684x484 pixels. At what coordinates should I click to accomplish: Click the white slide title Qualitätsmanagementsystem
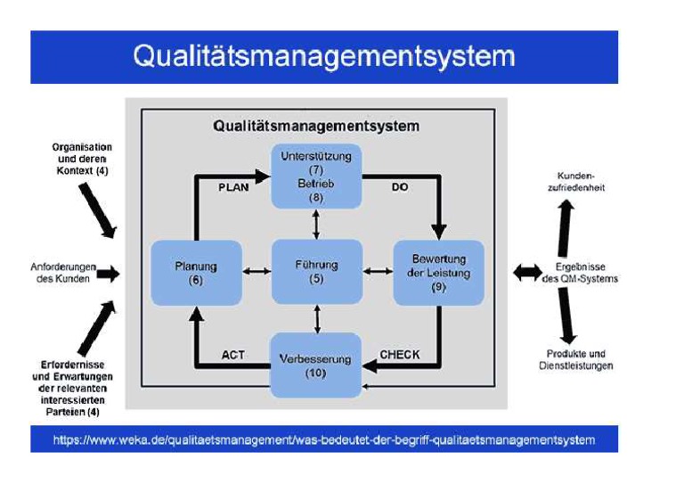point(324,56)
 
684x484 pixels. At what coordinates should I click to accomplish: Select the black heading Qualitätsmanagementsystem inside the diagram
point(315,126)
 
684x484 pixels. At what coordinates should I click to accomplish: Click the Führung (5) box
point(316,271)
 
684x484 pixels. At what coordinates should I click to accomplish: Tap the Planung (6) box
point(197,272)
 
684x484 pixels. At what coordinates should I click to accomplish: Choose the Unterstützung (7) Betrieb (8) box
point(316,176)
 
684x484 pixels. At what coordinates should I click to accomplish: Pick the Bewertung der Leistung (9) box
point(438,273)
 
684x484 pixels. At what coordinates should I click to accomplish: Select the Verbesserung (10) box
point(316,365)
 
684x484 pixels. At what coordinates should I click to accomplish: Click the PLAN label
point(233,188)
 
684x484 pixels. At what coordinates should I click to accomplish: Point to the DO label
point(400,188)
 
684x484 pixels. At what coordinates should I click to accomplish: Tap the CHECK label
point(400,355)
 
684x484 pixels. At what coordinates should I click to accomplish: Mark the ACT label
point(232,355)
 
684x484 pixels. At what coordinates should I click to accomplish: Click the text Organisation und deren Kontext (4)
point(81,158)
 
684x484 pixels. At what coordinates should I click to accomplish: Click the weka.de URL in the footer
point(324,439)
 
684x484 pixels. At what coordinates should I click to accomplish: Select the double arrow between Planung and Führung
point(256,271)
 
